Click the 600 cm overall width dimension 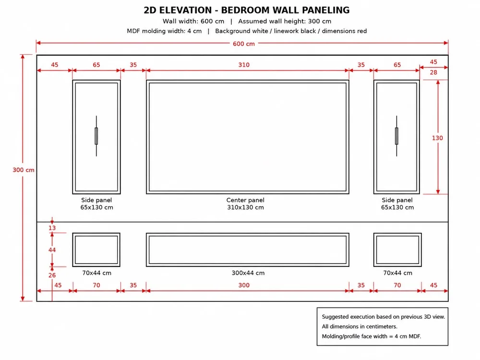[x=244, y=44]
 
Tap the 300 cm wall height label [x=24, y=170]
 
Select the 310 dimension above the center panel [x=244, y=65]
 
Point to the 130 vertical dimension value [x=437, y=138]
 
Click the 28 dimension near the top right [x=433, y=72]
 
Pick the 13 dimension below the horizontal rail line [x=52, y=228]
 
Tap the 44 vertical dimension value [x=52, y=250]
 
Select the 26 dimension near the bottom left [x=52, y=276]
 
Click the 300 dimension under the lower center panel [x=244, y=285]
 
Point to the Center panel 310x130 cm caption [x=245, y=204]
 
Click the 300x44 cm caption [x=248, y=273]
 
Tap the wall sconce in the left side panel [x=96, y=136]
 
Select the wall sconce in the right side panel [x=397, y=136]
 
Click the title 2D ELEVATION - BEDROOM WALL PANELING [x=247, y=10]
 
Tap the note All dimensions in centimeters [x=360, y=326]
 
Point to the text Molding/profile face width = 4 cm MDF [x=372, y=336]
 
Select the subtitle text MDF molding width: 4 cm [x=164, y=31]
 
